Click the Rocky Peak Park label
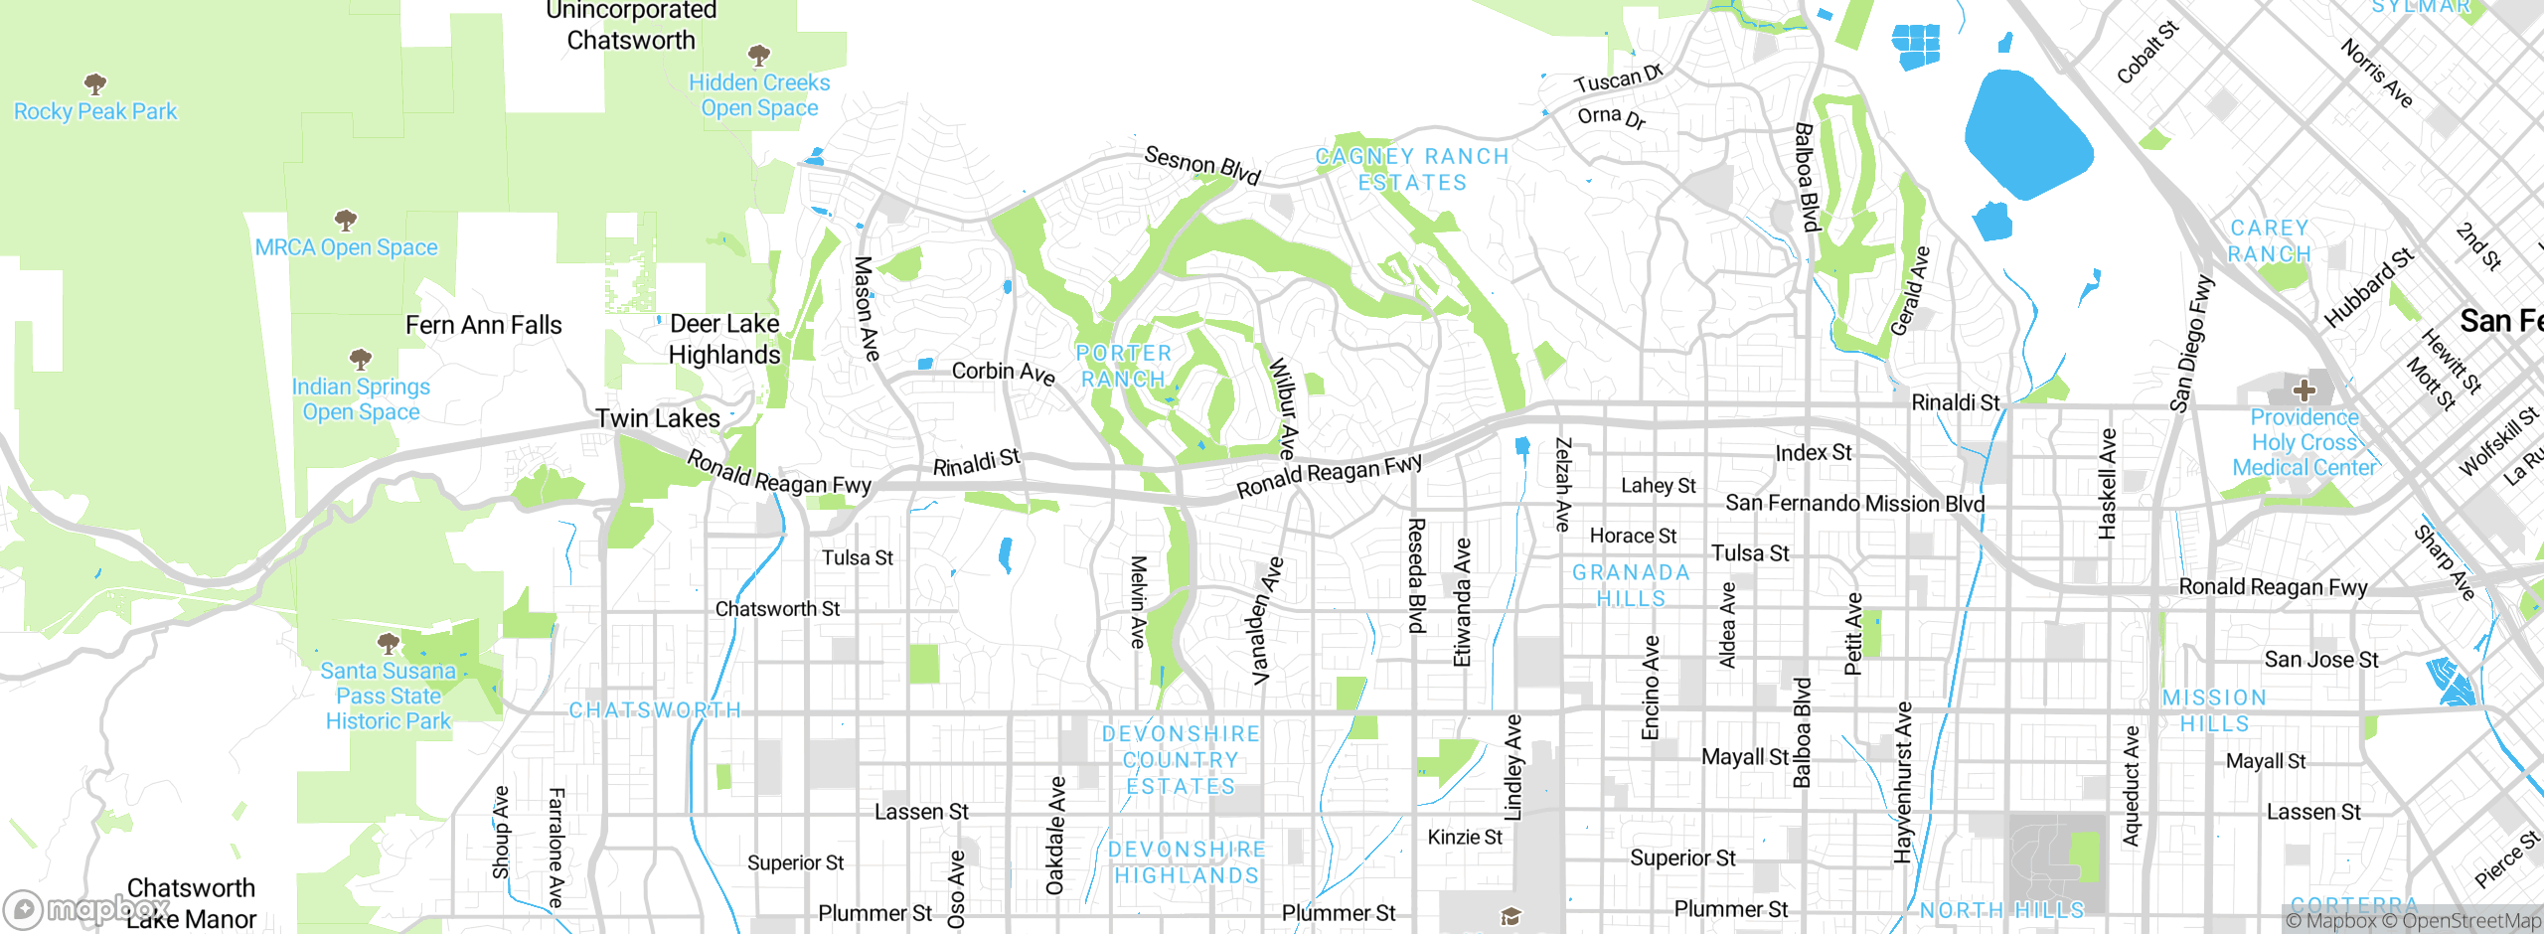coord(95,111)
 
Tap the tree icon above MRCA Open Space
coord(345,220)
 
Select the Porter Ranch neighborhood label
coord(1124,366)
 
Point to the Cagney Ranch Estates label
coord(1412,169)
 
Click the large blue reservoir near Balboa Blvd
coord(2027,134)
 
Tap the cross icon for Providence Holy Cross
coord(2304,390)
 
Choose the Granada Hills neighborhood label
coord(1631,585)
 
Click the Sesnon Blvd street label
coord(1202,165)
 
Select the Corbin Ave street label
coord(1003,372)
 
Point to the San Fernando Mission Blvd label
coord(1854,504)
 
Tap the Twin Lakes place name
coord(658,418)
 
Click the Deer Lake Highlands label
coord(724,339)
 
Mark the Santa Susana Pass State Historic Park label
coord(389,696)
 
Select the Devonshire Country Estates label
coord(1181,760)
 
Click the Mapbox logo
coord(84,908)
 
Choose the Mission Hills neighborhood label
coord(2214,710)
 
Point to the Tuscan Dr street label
coord(1618,79)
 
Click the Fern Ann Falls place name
coord(484,325)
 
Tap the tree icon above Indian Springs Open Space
coord(361,359)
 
